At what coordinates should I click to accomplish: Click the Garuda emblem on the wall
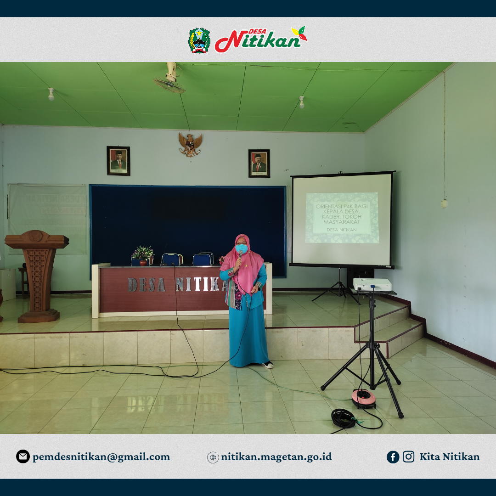tap(190, 144)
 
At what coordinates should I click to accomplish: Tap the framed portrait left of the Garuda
tap(118, 161)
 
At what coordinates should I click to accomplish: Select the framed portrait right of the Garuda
tap(259, 163)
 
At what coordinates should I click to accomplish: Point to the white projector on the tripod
tap(372, 284)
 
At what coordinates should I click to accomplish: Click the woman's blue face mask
tap(242, 249)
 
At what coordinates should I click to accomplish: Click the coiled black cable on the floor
tap(344, 418)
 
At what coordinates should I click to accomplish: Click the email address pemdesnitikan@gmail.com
tap(101, 457)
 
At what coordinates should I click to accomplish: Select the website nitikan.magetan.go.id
tap(276, 457)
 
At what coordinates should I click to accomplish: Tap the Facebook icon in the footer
tap(393, 457)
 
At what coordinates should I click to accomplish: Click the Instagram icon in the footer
tap(408, 457)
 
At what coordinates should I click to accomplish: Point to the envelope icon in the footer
tap(23, 457)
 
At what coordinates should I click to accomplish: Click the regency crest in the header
tap(199, 40)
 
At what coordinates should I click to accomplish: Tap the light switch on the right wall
tap(444, 203)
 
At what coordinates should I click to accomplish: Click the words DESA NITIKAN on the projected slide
tap(341, 229)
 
